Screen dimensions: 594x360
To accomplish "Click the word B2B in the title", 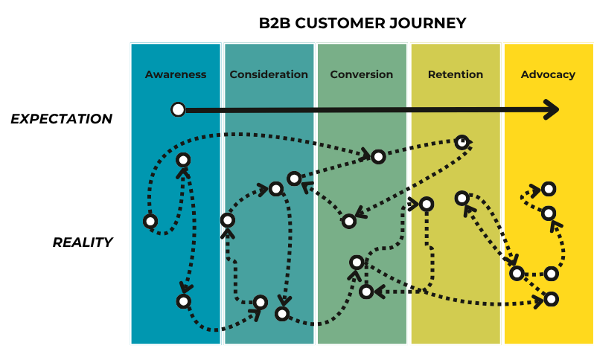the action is coord(275,23).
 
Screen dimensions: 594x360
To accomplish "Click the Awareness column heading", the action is coord(176,74).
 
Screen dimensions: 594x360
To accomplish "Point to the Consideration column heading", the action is coord(269,74).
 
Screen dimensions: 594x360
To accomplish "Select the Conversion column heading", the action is coord(362,74).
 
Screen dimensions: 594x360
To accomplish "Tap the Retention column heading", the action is coord(456,74).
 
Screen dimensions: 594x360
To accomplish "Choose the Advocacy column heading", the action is coord(548,74).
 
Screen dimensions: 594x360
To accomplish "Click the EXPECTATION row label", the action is coord(61,119).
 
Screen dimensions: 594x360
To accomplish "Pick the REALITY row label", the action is coord(83,242).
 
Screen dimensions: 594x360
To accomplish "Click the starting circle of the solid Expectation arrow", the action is coord(178,109).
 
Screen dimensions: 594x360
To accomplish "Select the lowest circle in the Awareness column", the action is coord(183,301).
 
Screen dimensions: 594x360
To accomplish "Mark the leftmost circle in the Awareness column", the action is coord(150,221).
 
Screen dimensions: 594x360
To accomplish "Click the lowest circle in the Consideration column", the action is coord(282,313).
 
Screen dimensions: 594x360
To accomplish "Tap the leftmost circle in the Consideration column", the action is coord(227,220).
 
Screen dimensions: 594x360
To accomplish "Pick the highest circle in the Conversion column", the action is coord(378,156).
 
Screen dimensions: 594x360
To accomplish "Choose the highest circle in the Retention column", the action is coord(462,143).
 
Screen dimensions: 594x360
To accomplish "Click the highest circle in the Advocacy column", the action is coord(549,188).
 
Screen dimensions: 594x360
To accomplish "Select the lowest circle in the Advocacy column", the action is coord(551,299).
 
